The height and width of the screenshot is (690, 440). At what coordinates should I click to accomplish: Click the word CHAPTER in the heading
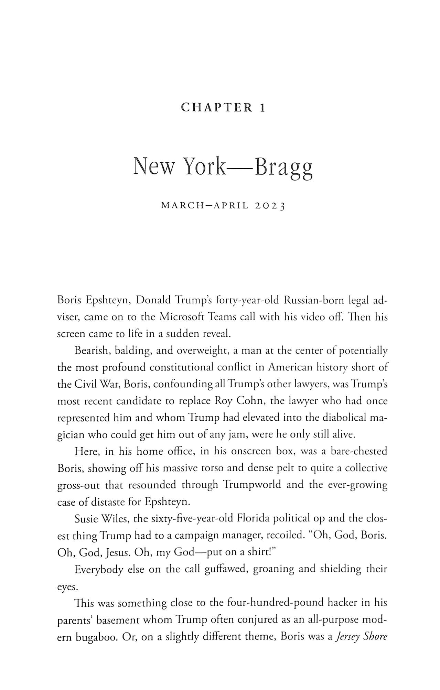[217, 108]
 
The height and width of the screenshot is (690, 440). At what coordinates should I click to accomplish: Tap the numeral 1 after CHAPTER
[263, 108]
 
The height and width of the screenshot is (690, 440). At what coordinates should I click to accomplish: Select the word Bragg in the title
[283, 167]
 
